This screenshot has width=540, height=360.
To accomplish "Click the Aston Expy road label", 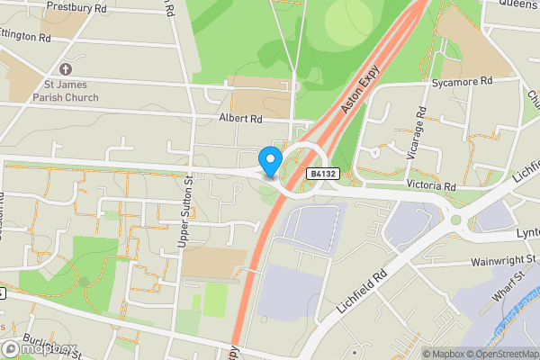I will point(359,93).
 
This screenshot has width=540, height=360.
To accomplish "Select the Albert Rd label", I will point(239,119).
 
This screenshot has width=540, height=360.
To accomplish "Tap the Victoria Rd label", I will point(431,185).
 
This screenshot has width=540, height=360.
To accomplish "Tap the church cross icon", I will point(65,69).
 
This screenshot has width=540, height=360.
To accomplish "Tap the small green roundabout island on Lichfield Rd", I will point(455,220).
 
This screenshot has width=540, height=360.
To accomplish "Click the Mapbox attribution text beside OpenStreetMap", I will point(439,354).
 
